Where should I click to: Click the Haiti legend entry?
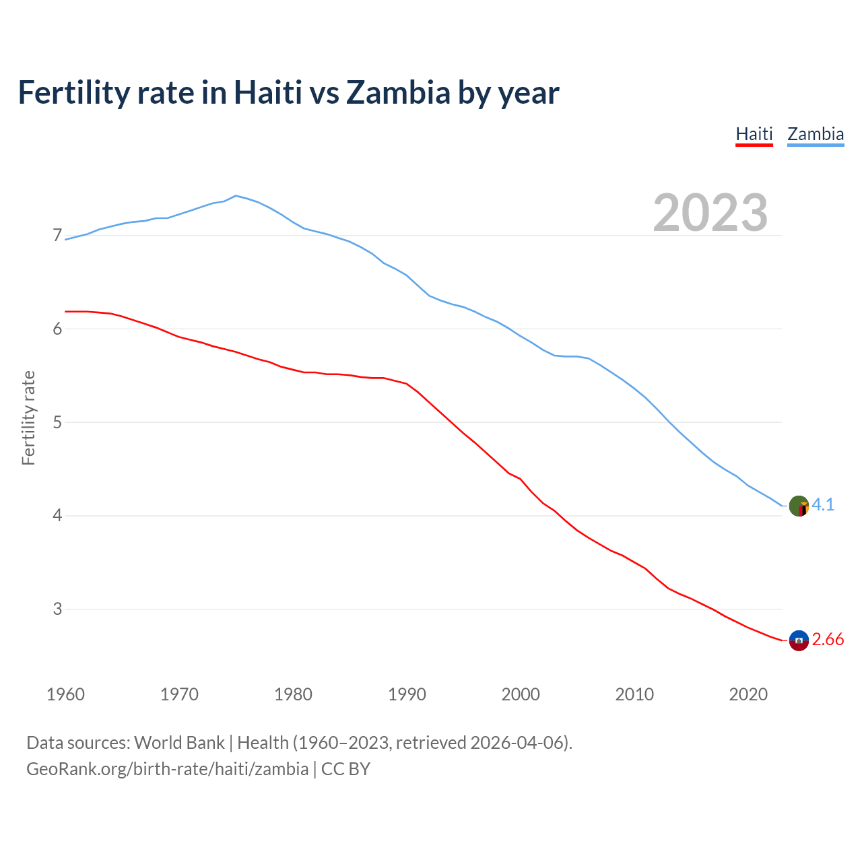pyautogui.click(x=754, y=134)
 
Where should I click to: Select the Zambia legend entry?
pyautogui.click(x=816, y=134)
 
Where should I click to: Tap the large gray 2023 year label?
pyautogui.click(x=710, y=213)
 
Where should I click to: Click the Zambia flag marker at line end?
pyautogui.click(x=799, y=506)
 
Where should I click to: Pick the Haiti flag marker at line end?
pyautogui.click(x=799, y=640)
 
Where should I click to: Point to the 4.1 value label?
pyautogui.click(x=823, y=505)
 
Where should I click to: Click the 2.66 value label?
pyautogui.click(x=828, y=640)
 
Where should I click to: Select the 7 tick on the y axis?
pyautogui.click(x=57, y=236)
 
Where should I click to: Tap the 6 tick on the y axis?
pyautogui.click(x=57, y=329)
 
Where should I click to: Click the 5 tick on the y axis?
pyautogui.click(x=57, y=423)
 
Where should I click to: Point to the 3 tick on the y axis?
pyautogui.click(x=57, y=609)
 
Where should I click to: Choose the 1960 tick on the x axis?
pyautogui.click(x=65, y=694)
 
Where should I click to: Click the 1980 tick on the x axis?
pyautogui.click(x=293, y=694)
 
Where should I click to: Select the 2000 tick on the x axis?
pyautogui.click(x=521, y=694)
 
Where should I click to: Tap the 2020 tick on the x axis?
pyautogui.click(x=748, y=694)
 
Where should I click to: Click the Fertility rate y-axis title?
pyautogui.click(x=28, y=418)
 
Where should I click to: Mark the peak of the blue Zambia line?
pyautogui.click(x=235, y=195)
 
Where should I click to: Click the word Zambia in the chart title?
pyautogui.click(x=397, y=93)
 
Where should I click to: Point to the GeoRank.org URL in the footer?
pyautogui.click(x=167, y=769)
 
